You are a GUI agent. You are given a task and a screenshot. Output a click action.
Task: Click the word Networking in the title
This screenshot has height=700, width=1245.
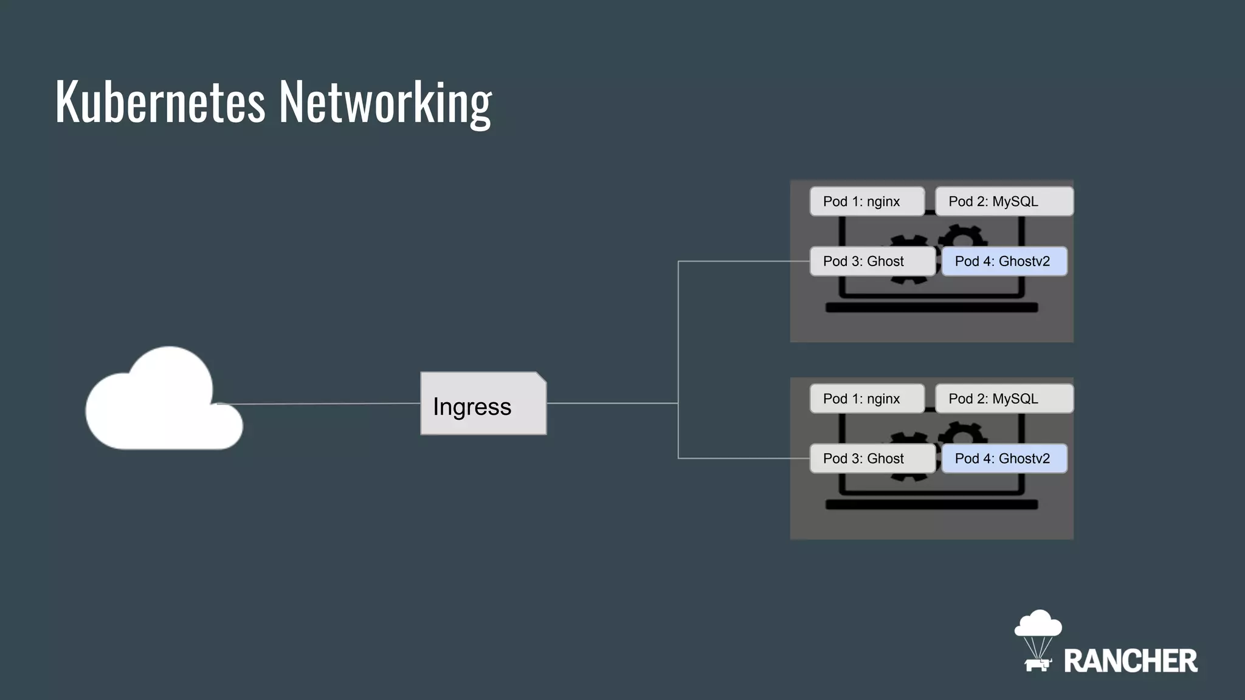(x=385, y=103)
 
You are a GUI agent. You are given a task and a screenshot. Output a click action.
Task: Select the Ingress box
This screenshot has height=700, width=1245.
(x=483, y=404)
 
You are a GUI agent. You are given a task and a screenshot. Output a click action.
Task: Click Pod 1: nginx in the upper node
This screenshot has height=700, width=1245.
(x=866, y=202)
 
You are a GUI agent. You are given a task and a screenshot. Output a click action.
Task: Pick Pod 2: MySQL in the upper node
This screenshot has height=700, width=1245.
(x=1003, y=202)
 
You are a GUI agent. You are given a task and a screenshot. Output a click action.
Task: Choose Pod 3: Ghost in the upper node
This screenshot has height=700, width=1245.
(x=872, y=261)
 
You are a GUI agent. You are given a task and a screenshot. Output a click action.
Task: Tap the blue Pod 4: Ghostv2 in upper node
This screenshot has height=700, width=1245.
(x=1004, y=261)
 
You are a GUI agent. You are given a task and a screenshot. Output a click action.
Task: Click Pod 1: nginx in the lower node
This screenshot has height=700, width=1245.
(x=866, y=399)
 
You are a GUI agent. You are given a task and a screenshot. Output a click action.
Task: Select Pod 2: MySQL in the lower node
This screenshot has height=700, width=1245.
(x=1003, y=399)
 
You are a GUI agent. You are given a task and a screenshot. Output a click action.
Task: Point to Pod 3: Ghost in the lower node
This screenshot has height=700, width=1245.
(x=872, y=459)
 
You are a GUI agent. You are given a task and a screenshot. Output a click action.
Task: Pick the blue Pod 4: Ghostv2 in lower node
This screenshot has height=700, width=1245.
(x=1004, y=459)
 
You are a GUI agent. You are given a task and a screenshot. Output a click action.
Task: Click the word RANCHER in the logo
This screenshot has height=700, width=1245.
(x=1130, y=661)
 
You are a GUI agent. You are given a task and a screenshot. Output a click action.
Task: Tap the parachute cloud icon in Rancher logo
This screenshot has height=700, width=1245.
(x=1038, y=625)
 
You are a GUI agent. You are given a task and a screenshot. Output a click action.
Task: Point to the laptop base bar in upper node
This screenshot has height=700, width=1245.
(x=931, y=308)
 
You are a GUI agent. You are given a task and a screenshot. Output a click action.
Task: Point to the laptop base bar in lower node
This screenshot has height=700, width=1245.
(x=931, y=505)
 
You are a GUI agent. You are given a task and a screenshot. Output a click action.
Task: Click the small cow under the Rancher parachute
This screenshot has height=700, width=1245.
(x=1037, y=664)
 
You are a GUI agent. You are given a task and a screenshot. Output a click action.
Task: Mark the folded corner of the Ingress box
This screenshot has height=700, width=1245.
(x=541, y=377)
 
